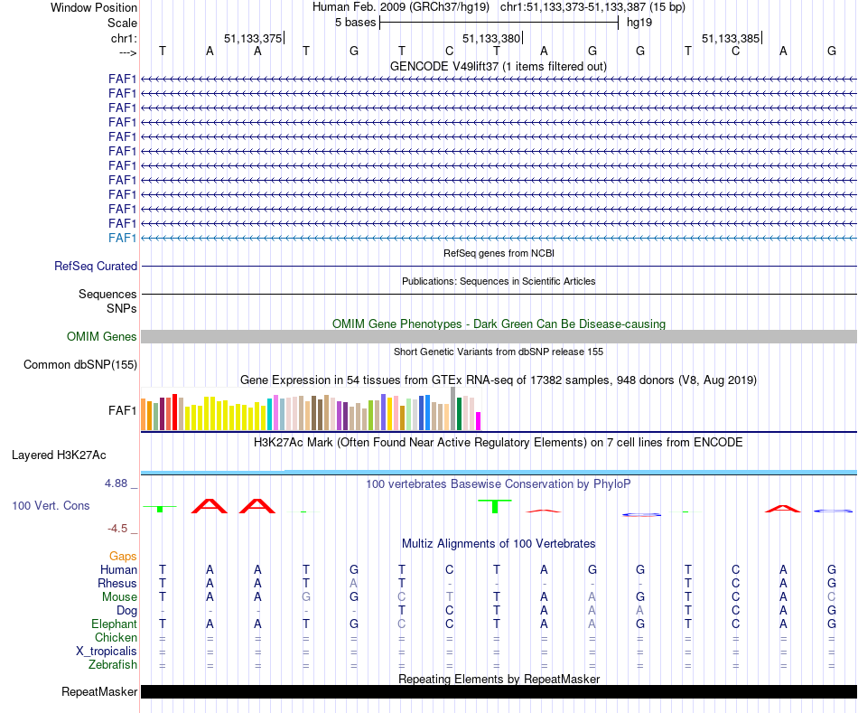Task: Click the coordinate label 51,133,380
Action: click(x=491, y=38)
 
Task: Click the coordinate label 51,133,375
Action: click(x=253, y=38)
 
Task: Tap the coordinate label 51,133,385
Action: click(x=731, y=38)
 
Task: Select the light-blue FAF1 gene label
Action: click(x=123, y=238)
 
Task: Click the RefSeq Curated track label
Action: click(x=96, y=267)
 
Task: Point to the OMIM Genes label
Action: click(x=102, y=337)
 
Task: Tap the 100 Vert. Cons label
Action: click(x=51, y=505)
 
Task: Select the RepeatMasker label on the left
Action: click(x=99, y=692)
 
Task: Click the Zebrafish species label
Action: click(x=114, y=665)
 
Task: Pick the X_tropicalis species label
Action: click(x=107, y=652)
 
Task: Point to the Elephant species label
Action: click(x=114, y=624)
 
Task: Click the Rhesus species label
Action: click(x=117, y=584)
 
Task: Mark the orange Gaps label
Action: click(x=123, y=556)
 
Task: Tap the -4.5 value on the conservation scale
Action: click(x=118, y=529)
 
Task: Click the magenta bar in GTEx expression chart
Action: click(x=479, y=421)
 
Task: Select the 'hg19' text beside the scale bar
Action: click(x=639, y=22)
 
